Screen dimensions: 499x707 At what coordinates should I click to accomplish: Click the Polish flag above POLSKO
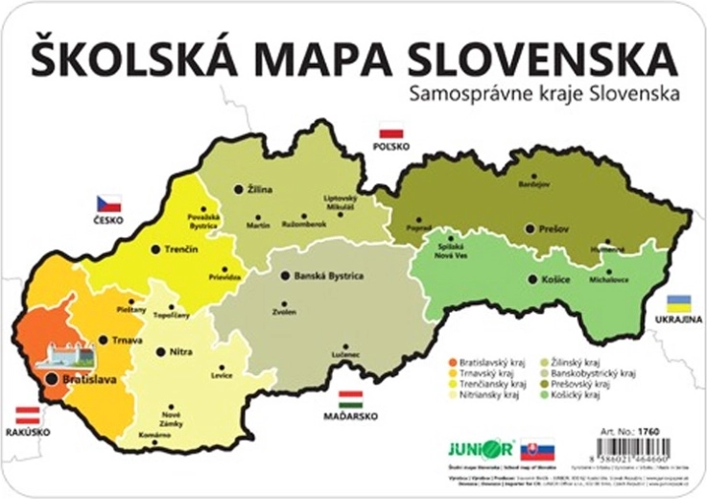tap(390, 131)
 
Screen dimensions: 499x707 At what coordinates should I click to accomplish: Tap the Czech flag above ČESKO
tap(108, 202)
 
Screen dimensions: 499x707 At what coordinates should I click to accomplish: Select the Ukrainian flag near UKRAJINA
tap(680, 302)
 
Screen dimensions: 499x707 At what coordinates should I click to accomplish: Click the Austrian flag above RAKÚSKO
tap(26, 415)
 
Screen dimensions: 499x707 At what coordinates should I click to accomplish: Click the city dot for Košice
tap(533, 278)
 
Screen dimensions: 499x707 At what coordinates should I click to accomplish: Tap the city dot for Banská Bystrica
tap(285, 275)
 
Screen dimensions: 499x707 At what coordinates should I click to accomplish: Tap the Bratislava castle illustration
tap(65, 355)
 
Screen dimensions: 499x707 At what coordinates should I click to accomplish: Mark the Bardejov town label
tap(534, 182)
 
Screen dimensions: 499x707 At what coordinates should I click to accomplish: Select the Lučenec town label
tap(346, 355)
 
